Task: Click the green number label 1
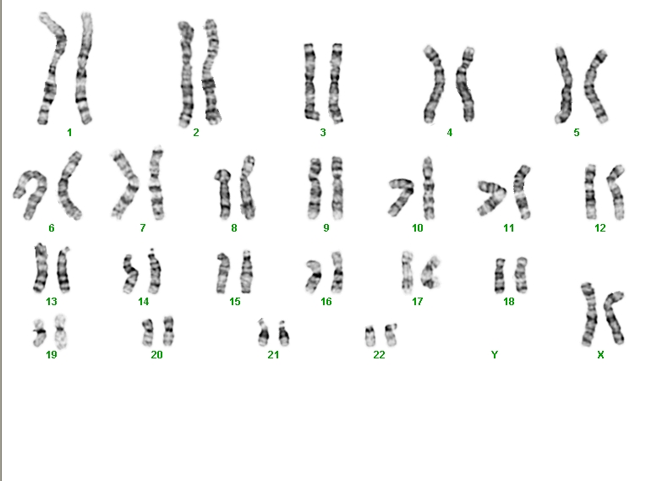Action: pyautogui.click(x=69, y=132)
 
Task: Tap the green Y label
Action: pyautogui.click(x=495, y=354)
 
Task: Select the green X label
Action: pyautogui.click(x=600, y=354)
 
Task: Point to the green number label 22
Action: pyautogui.click(x=379, y=354)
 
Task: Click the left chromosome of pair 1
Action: pyautogui.click(x=52, y=70)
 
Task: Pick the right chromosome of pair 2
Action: pyautogui.click(x=211, y=72)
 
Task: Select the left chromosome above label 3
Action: pyautogui.click(x=310, y=81)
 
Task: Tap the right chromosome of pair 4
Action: pyautogui.click(x=465, y=85)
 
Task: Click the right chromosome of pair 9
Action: pyautogui.click(x=337, y=188)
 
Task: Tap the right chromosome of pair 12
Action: pyautogui.click(x=616, y=192)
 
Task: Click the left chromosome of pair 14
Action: pyautogui.click(x=131, y=273)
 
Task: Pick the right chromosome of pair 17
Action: pyautogui.click(x=431, y=272)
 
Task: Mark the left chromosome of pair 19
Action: pyautogui.click(x=40, y=332)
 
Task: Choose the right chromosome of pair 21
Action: pyautogui.click(x=283, y=334)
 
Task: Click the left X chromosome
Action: pyautogui.click(x=589, y=314)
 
